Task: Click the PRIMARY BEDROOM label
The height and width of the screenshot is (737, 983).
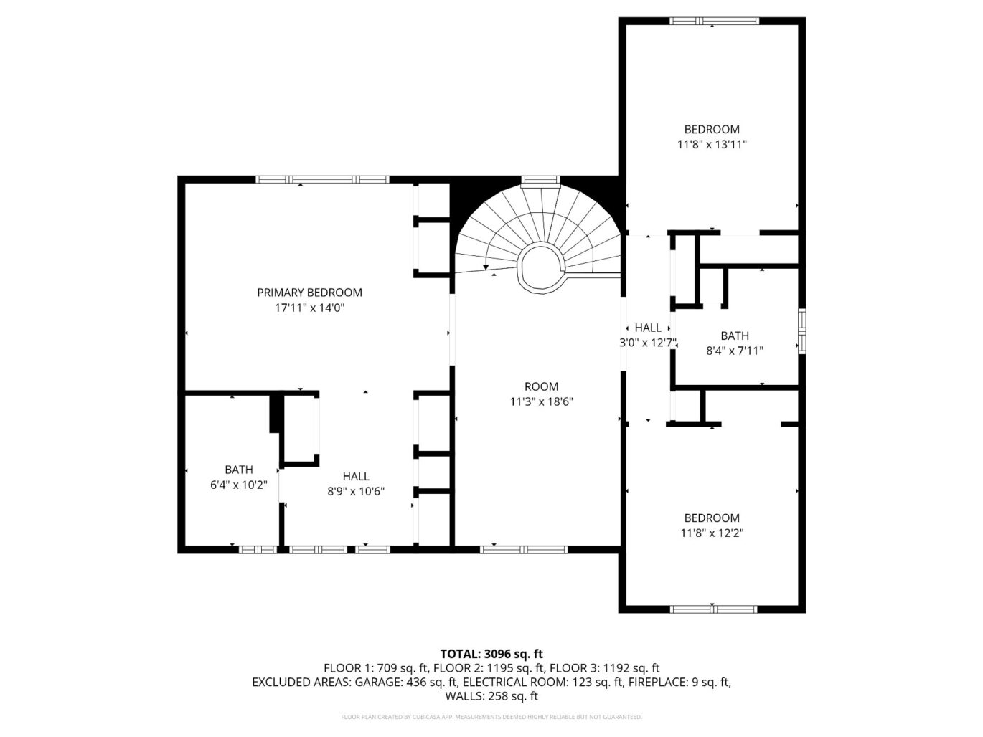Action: (309, 293)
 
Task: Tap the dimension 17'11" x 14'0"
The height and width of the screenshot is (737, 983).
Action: (309, 308)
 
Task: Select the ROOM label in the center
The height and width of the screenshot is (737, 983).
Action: (541, 386)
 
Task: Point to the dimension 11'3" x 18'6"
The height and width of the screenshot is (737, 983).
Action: (541, 401)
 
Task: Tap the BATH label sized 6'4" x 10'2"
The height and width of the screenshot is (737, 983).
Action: (238, 470)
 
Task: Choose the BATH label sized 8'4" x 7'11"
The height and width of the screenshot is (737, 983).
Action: (735, 336)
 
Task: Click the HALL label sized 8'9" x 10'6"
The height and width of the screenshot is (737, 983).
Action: (356, 476)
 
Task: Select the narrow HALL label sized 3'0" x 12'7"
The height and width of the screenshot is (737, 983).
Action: (648, 328)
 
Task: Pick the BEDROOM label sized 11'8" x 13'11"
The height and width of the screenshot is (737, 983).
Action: (712, 129)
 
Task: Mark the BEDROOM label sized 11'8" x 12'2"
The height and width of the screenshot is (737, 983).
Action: (712, 518)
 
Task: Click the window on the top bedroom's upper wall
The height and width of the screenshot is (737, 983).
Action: (714, 21)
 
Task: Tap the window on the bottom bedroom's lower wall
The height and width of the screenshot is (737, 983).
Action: (713, 609)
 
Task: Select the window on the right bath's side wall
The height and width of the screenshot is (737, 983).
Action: (802, 331)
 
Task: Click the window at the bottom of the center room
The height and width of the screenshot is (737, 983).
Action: (524, 550)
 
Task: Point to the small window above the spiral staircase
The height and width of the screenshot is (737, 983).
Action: (540, 180)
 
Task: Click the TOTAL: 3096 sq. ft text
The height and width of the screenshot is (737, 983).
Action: (491, 653)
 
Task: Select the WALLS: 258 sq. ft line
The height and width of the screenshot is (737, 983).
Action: (491, 696)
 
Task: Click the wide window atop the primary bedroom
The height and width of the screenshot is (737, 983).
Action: (323, 179)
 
